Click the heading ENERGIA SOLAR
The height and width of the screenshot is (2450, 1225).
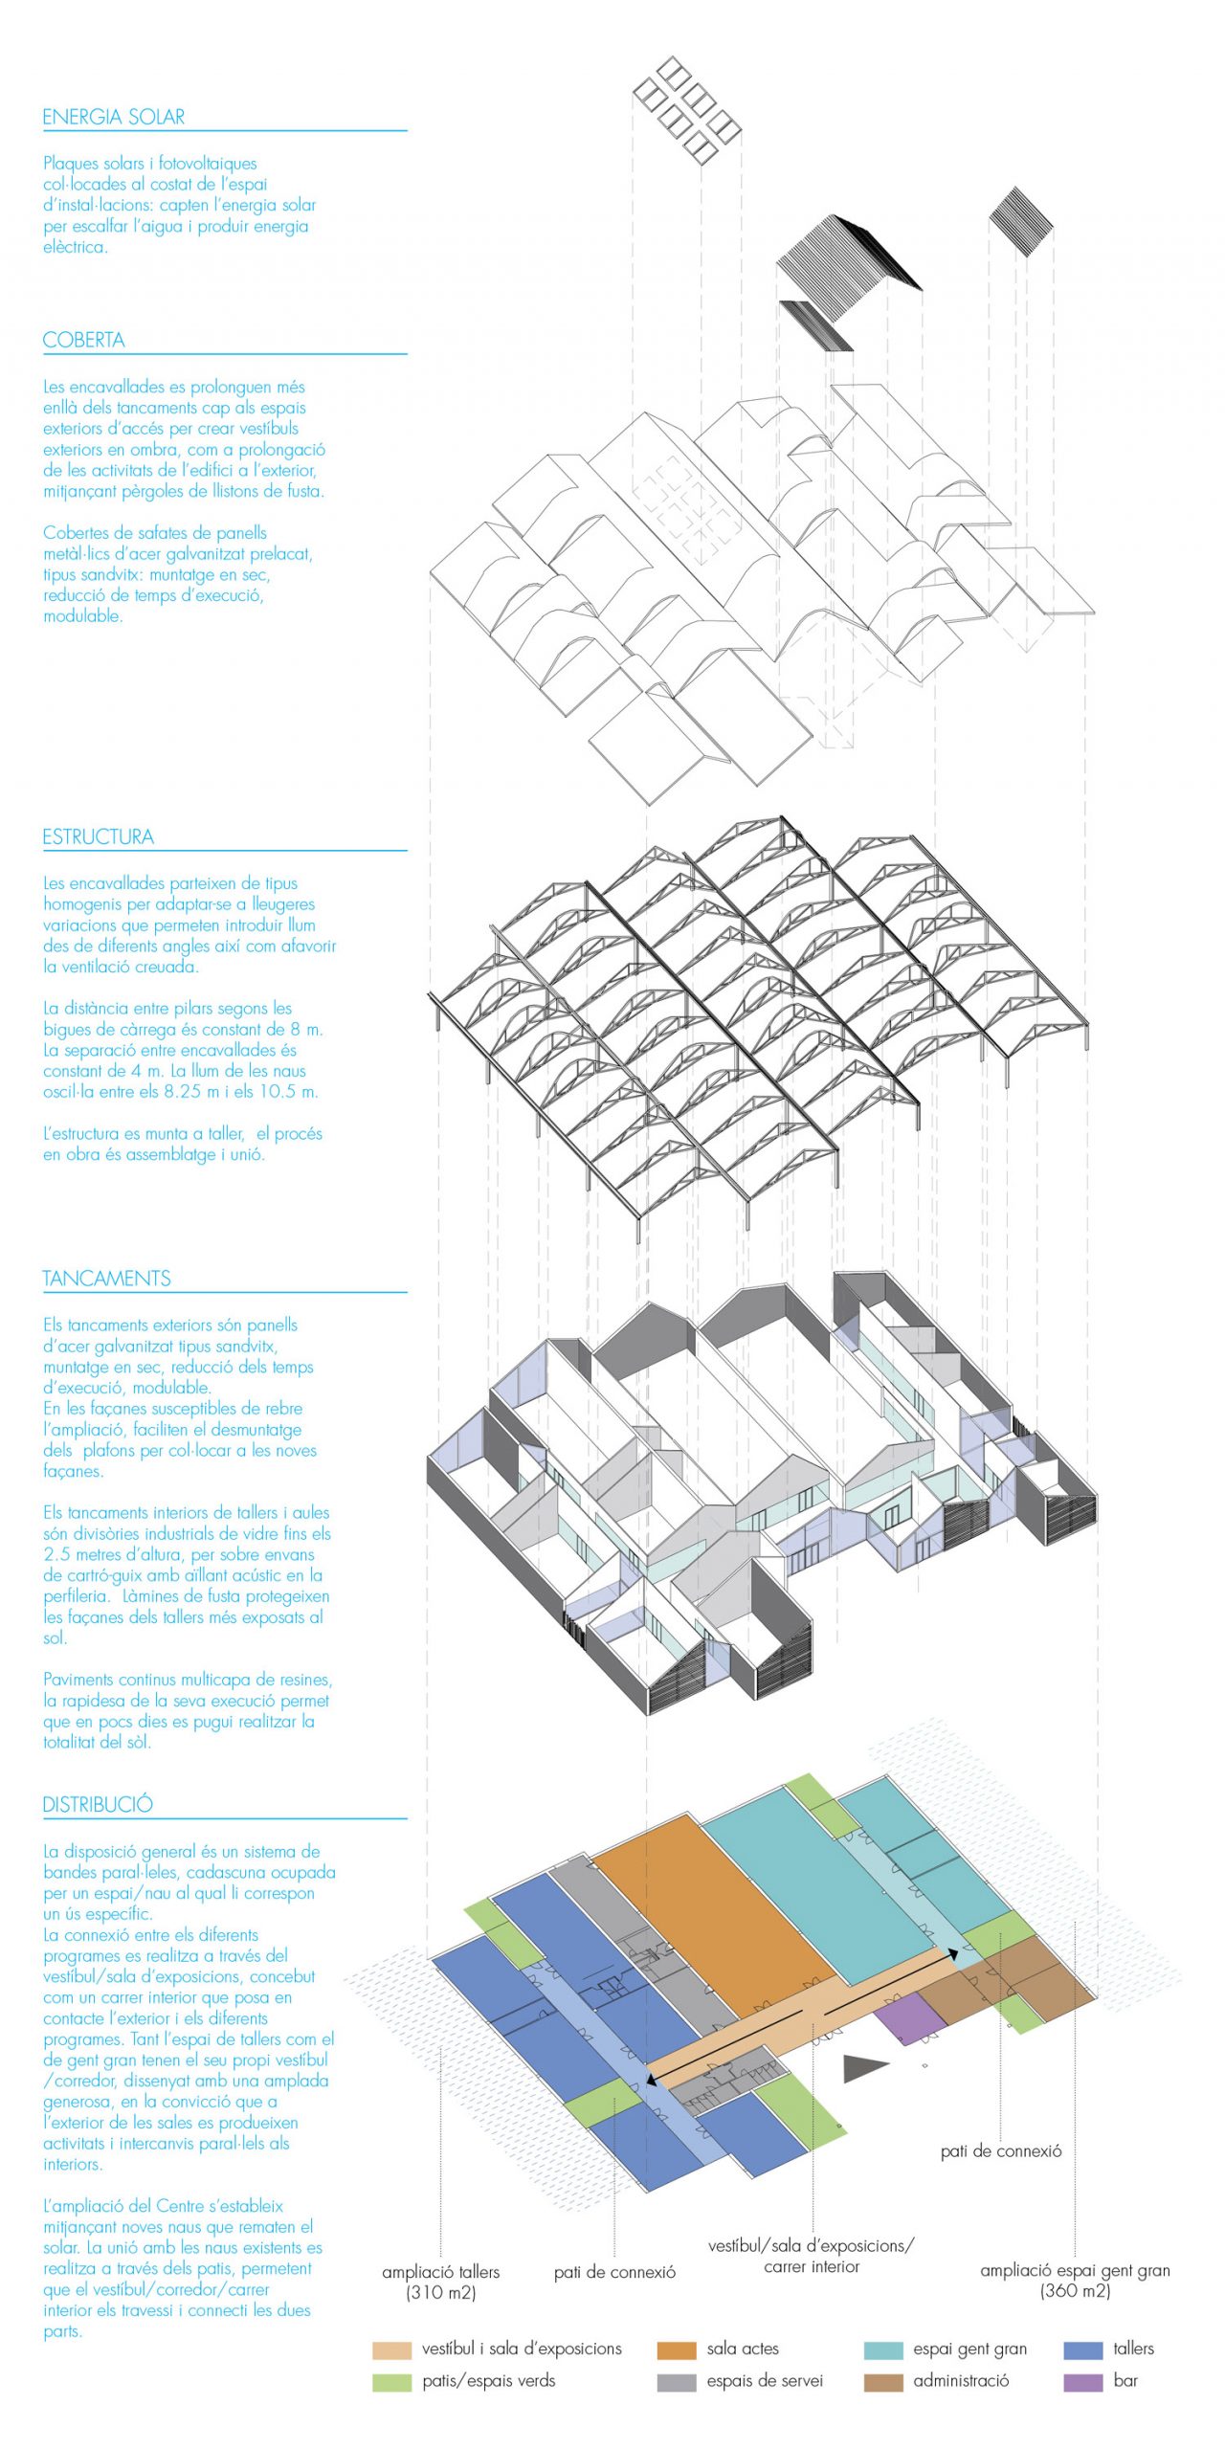coord(114,118)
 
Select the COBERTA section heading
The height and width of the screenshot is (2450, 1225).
coord(84,341)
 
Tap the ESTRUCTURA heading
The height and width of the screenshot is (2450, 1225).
coord(98,837)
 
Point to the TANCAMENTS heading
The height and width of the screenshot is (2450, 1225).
coord(106,1280)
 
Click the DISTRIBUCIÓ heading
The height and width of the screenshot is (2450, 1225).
coord(98,1805)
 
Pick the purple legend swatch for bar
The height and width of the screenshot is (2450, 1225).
coord(1082,2382)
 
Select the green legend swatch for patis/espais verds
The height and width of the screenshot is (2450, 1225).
coord(391,2382)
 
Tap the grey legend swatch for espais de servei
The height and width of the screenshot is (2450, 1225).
coord(676,2382)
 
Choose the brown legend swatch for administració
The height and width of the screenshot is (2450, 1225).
coord(882,2382)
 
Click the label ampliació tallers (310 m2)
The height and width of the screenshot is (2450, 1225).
coord(440,2283)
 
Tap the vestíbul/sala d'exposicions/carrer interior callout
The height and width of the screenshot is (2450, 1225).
coord(811,2256)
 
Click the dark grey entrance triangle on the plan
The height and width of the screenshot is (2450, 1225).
coord(863,2068)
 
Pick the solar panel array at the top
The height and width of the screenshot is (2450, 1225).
coord(686,109)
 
